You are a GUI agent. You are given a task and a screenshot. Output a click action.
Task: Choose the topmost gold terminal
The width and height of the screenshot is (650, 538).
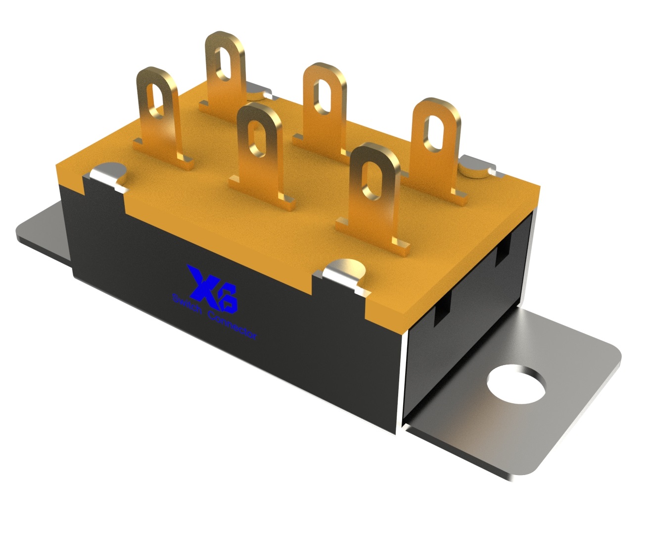pyautogui.click(x=225, y=75)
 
